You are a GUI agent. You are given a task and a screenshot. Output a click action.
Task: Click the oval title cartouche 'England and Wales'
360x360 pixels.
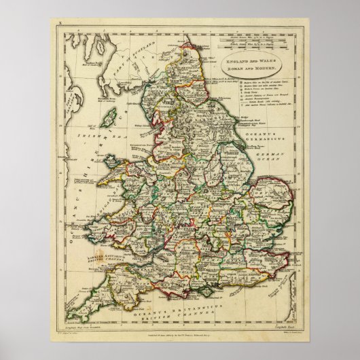pos(255,63)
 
